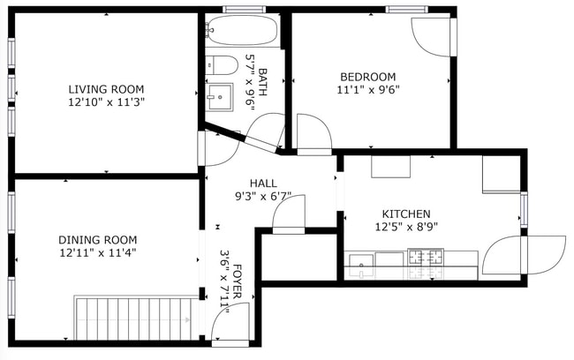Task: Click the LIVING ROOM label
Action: tap(106, 89)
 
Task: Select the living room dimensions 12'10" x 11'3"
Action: tap(106, 101)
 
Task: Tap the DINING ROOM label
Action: tap(97, 239)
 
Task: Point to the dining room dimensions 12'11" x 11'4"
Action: tap(97, 252)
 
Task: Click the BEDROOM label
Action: tap(366, 77)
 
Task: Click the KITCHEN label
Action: tap(405, 214)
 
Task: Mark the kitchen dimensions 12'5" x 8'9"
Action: tap(405, 227)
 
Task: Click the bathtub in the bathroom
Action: tap(241, 31)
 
